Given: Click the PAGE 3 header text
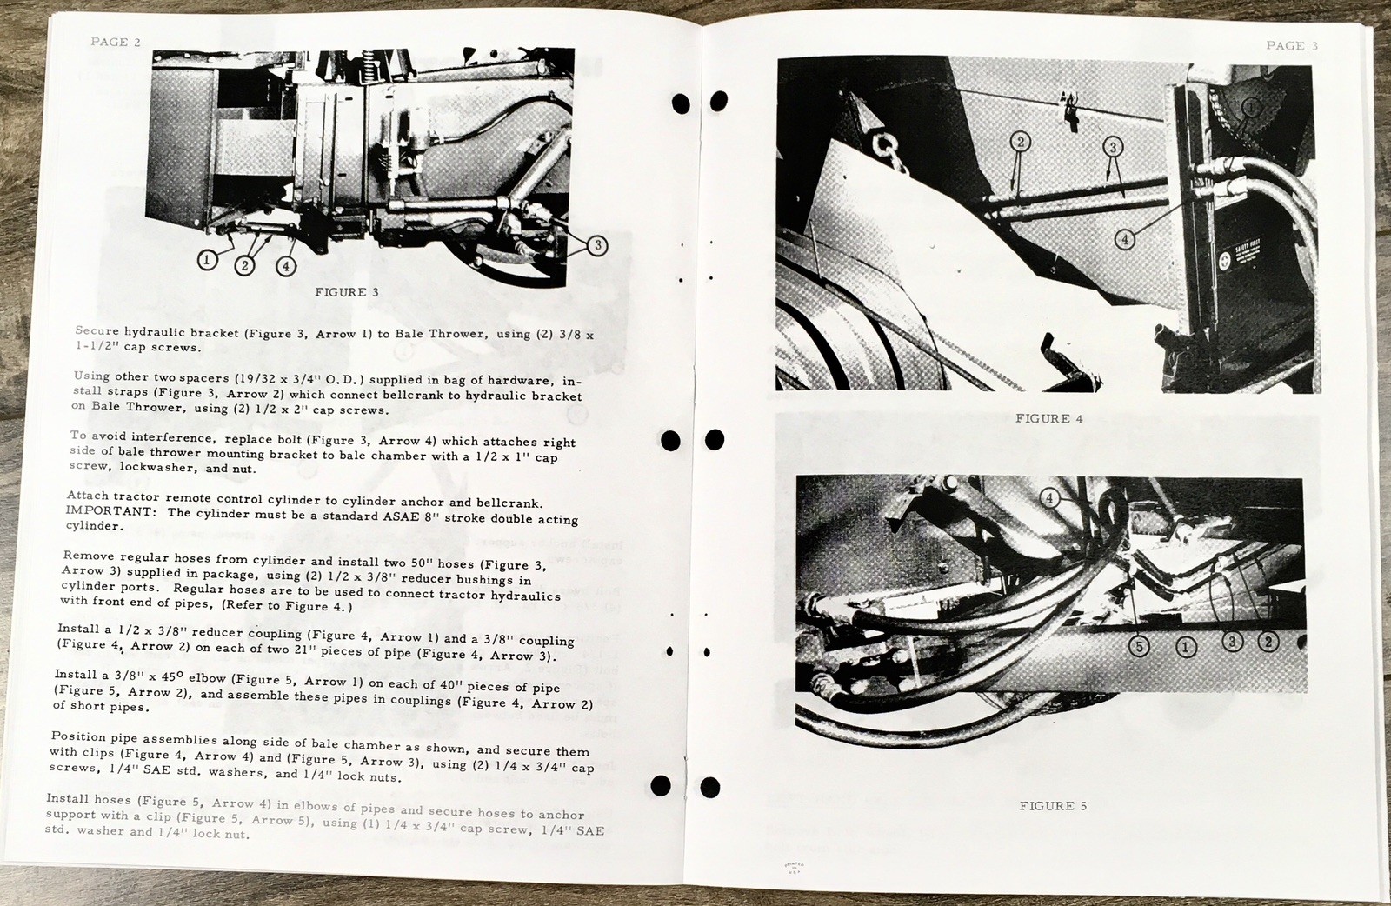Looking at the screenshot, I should (x=1291, y=45).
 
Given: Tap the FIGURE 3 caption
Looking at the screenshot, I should (x=346, y=292).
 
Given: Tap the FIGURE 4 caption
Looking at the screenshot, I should (x=1048, y=418).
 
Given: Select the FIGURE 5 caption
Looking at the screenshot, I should (x=1053, y=805).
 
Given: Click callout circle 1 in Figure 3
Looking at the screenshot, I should (x=207, y=259).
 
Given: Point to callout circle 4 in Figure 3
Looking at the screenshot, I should (x=285, y=265).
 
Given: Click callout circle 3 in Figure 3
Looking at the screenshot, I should (x=596, y=246).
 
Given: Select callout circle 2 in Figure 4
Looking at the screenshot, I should (x=1021, y=142).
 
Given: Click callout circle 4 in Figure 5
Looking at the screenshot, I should (x=1050, y=497).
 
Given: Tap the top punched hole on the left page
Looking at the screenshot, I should (x=681, y=104).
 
